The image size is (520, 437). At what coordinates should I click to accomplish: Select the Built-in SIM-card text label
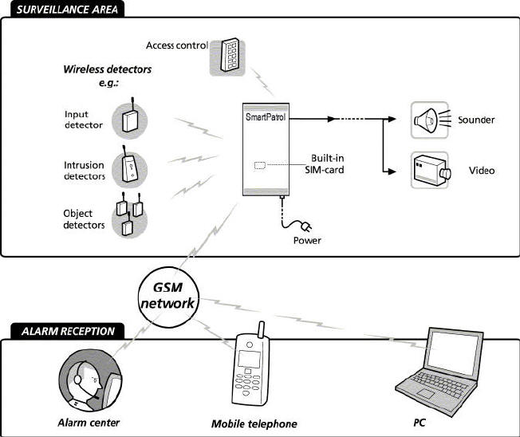pyautogui.click(x=331, y=163)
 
